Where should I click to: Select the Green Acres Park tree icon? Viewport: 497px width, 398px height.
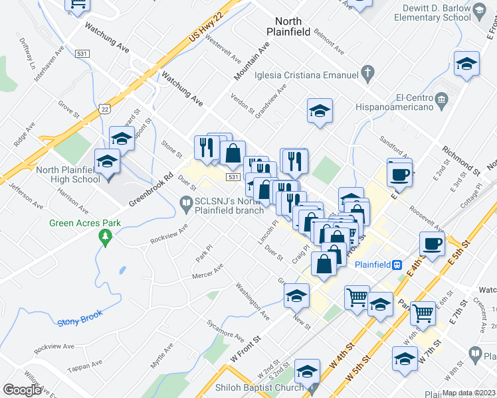[103, 237]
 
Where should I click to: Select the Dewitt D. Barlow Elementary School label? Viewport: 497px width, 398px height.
[433, 13]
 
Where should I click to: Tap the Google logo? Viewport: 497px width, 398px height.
[22, 390]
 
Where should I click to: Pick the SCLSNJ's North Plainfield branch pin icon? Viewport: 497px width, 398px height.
[186, 207]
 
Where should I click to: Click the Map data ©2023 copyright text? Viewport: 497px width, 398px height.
[469, 393]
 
